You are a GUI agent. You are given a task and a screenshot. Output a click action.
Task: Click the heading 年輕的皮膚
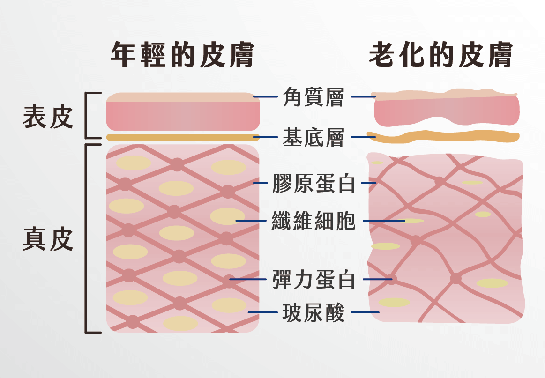(182, 55)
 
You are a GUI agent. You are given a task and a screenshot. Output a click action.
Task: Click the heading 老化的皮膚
(440, 55)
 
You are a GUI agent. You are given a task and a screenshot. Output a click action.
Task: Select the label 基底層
(314, 138)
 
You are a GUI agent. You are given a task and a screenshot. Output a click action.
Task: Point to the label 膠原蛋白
(314, 184)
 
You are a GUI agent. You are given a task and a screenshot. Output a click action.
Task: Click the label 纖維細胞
(314, 221)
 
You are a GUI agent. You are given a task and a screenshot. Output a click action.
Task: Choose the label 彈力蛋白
(314, 280)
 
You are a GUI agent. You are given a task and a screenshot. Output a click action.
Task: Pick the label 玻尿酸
(314, 312)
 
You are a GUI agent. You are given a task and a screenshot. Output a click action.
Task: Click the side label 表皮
(48, 117)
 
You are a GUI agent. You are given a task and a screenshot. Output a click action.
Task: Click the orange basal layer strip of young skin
(183, 137)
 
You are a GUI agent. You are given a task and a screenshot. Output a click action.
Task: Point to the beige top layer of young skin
(183, 97)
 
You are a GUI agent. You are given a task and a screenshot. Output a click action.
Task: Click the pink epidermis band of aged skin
(445, 112)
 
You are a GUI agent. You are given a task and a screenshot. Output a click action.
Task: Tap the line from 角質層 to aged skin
(363, 97)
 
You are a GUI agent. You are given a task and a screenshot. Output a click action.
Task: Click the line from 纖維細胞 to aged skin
(384, 221)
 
